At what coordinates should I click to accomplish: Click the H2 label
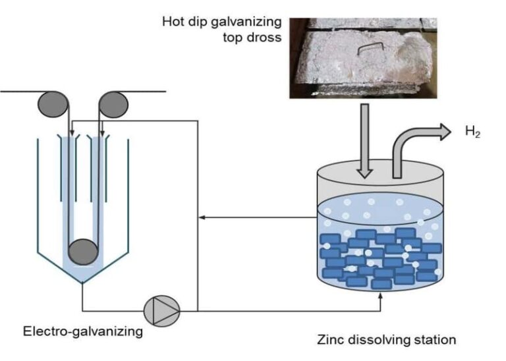(x=472, y=132)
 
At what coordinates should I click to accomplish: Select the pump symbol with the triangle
(x=161, y=308)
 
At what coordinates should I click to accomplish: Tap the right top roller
(x=113, y=104)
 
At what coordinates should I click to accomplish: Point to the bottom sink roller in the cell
(x=84, y=252)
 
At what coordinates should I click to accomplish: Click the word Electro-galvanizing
(x=83, y=331)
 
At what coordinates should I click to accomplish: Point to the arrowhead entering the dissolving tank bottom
(x=380, y=299)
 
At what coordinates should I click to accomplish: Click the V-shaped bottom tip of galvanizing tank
(x=82, y=283)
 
